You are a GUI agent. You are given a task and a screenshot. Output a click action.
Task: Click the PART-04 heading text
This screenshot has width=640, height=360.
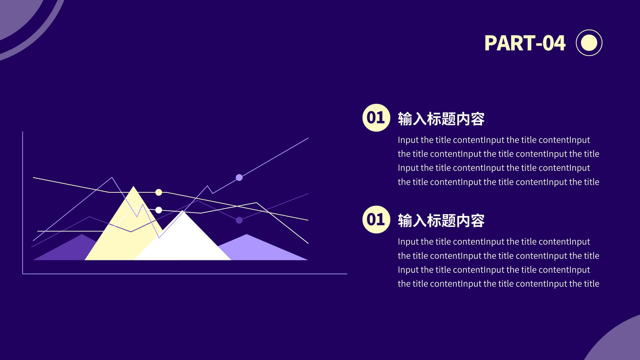click(x=525, y=43)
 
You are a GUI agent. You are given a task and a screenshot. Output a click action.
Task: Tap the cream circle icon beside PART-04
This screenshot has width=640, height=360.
click(x=589, y=43)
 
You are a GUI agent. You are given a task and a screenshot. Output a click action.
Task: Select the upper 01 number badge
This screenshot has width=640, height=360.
click(x=376, y=118)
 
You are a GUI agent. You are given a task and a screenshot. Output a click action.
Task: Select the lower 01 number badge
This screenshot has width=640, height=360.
click(x=376, y=220)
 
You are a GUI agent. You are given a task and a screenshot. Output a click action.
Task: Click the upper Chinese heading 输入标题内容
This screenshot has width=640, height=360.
click(x=441, y=119)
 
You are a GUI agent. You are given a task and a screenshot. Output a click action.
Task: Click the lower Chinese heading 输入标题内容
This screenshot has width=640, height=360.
click(x=441, y=220)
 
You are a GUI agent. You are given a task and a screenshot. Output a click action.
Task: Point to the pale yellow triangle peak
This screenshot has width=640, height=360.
click(x=134, y=187)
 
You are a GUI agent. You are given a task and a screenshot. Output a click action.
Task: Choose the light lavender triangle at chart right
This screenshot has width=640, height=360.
click(x=263, y=248)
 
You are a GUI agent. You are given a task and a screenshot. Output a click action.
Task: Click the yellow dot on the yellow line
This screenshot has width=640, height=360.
click(x=158, y=192)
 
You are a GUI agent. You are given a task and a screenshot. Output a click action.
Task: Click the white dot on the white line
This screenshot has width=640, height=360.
click(x=158, y=210)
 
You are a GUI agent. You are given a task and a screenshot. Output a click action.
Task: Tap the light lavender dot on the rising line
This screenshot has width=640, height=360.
click(x=239, y=178)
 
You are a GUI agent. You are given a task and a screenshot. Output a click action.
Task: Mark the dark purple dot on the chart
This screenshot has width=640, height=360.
click(x=239, y=220)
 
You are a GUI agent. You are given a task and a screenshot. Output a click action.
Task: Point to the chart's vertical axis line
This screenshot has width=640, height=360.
click(x=22, y=202)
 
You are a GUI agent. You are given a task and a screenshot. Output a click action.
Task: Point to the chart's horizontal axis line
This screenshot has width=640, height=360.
click(x=185, y=274)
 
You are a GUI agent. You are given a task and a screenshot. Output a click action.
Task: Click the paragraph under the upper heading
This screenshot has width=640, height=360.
click(x=498, y=161)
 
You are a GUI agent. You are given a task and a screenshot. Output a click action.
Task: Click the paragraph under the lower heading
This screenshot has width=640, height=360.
click(x=498, y=262)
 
